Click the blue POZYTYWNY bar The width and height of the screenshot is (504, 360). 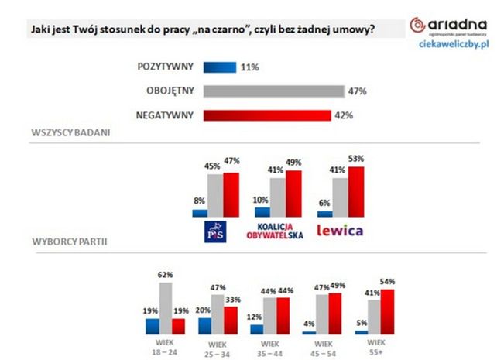tap(218, 67)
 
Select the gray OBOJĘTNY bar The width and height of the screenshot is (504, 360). tap(273, 91)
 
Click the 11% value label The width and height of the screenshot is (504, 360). tap(249, 67)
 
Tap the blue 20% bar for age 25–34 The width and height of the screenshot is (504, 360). tap(204, 326)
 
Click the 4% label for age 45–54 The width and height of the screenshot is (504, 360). tap(309, 323)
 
